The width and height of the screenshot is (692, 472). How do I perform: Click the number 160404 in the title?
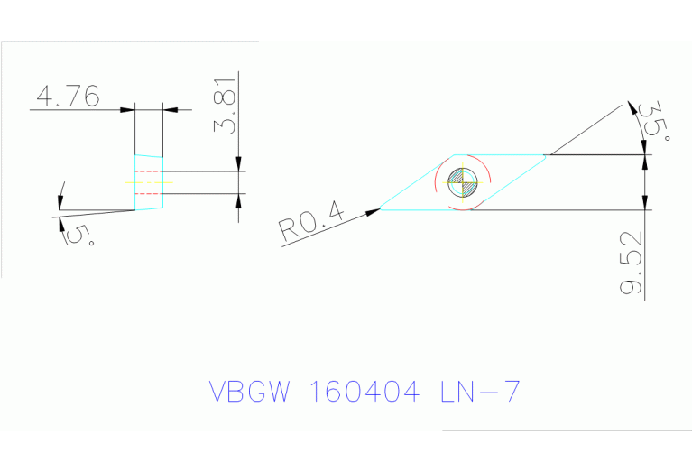[x=364, y=393]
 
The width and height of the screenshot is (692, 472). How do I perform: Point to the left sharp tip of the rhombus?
[x=381, y=209]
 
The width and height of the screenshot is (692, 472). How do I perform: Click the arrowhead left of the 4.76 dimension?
[x=127, y=109]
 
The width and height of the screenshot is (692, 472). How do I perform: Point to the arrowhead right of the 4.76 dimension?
[x=171, y=109]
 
